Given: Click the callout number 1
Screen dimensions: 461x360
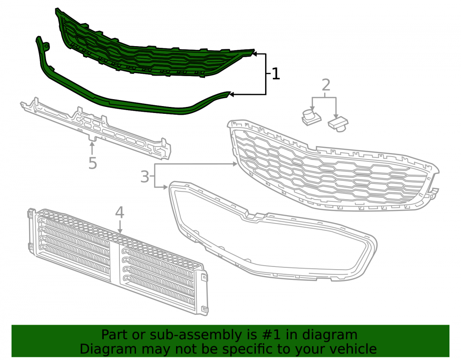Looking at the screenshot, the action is [276, 74].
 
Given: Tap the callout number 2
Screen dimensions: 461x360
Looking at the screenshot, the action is [326, 85].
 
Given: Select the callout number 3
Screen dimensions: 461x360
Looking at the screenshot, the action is [145, 177].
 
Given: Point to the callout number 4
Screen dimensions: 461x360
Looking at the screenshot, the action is [119, 212].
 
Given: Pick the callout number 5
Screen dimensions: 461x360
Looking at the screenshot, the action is [93, 163].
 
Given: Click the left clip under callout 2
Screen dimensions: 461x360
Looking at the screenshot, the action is [311, 118].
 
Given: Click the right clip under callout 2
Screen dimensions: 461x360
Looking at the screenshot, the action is [338, 124].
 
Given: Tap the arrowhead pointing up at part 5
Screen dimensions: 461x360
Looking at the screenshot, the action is [92, 144].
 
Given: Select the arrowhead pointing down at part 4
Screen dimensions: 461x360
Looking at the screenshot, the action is [120, 231].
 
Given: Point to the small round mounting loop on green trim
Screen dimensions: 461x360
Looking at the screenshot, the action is [46, 46].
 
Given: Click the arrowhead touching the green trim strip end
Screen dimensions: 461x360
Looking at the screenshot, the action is [232, 94].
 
